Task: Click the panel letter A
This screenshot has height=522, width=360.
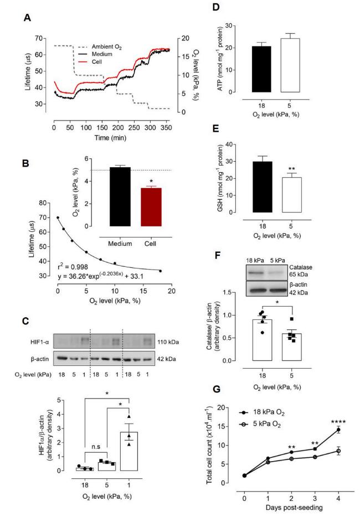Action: [25, 17]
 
